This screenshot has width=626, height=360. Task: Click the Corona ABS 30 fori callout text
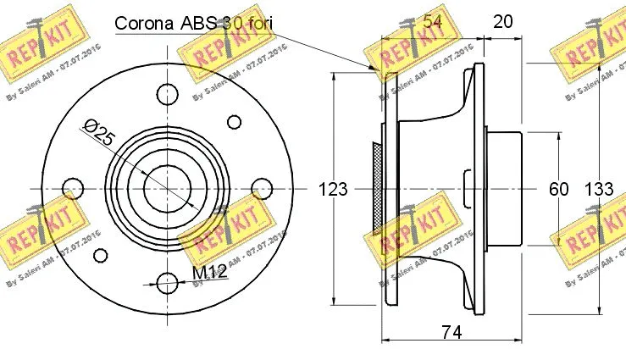(x=196, y=23)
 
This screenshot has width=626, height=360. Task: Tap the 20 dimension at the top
(x=502, y=22)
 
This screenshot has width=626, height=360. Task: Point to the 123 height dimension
(x=333, y=189)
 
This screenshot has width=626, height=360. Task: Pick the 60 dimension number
(x=558, y=189)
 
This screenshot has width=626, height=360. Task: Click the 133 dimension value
(x=598, y=189)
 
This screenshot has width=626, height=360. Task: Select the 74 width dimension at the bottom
(x=451, y=333)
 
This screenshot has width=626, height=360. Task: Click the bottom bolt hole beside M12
(x=167, y=280)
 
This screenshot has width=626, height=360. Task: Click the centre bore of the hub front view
(x=167, y=187)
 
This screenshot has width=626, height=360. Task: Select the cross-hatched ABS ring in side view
(x=377, y=187)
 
